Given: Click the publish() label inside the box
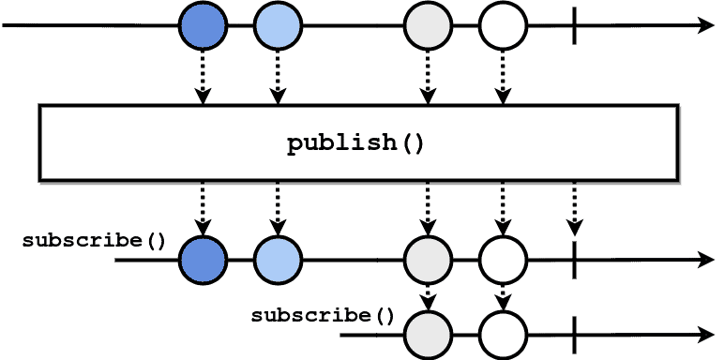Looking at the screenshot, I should pyautogui.click(x=355, y=143).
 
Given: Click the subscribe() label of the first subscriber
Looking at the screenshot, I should pyautogui.click(x=94, y=240).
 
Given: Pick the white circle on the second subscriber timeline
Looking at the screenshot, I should pyautogui.click(x=503, y=333).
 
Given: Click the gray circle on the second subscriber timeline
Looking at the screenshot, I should pyautogui.click(x=428, y=333).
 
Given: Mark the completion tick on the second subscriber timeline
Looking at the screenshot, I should pyautogui.click(x=575, y=333).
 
